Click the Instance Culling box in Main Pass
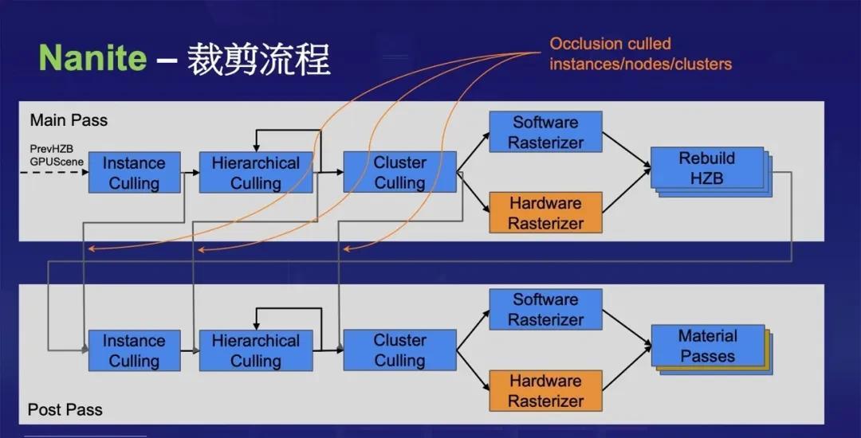click(x=135, y=173)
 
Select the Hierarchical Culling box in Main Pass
click(x=256, y=173)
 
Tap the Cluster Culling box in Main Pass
click(x=399, y=172)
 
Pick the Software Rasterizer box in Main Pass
click(x=545, y=132)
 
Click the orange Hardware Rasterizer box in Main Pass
click(x=545, y=213)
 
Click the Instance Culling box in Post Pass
click(x=135, y=350)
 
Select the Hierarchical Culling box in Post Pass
click(x=256, y=350)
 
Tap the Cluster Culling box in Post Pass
click(x=399, y=350)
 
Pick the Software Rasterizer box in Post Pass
click(x=545, y=310)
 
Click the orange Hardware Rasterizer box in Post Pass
click(x=545, y=391)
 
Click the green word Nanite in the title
click(x=92, y=57)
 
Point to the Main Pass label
click(x=69, y=120)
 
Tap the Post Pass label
click(x=65, y=409)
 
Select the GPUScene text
click(x=57, y=162)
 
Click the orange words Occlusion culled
click(x=610, y=44)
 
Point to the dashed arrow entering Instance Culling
click(x=54, y=173)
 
